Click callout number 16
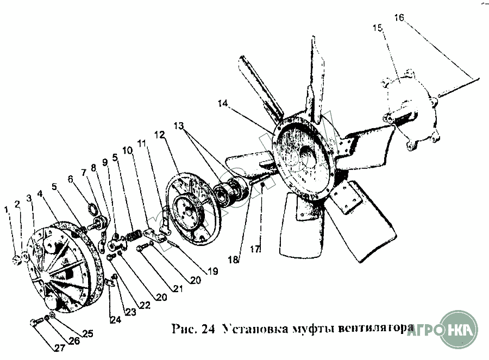[399, 18]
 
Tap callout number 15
[377, 28]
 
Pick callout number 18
[234, 260]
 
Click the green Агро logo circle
[459, 329]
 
